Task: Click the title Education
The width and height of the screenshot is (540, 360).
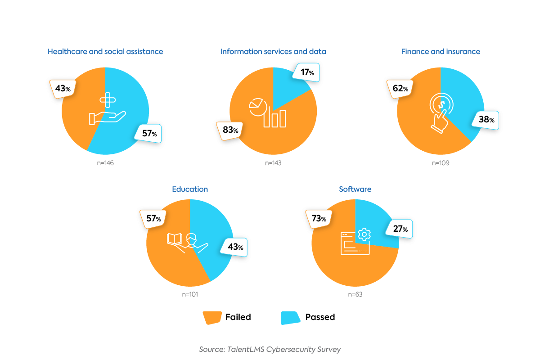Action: [190, 189]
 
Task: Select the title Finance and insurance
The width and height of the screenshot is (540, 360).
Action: [441, 51]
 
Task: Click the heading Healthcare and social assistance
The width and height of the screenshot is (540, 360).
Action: [105, 51]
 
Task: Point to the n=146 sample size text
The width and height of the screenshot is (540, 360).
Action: [105, 163]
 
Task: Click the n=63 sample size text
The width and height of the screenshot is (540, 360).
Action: [355, 295]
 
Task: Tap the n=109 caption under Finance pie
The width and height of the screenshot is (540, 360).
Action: [441, 163]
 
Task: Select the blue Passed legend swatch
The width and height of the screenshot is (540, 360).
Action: [290, 317]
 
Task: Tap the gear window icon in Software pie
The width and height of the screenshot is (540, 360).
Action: [355, 242]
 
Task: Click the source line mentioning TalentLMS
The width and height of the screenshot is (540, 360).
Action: [270, 349]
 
